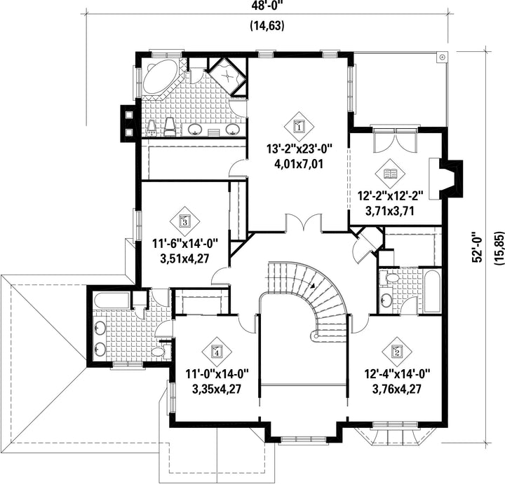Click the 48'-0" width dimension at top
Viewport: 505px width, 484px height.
point(267,6)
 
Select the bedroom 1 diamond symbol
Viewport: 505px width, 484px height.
point(299,126)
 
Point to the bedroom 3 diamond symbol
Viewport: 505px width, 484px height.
point(185,221)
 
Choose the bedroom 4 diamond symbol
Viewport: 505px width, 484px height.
point(217,352)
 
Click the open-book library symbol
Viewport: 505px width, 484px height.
point(390,174)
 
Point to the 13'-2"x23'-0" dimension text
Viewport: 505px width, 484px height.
point(299,149)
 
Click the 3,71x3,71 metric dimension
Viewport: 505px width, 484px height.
point(390,212)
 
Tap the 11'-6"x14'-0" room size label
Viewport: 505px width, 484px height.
point(185,244)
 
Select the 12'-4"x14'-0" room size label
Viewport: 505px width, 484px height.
point(397,374)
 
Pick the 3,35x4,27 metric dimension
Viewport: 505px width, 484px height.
point(217,389)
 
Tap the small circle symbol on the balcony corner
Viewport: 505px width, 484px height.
point(443,57)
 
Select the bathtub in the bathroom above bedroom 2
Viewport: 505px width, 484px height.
point(431,292)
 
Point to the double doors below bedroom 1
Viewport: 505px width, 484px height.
point(304,223)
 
